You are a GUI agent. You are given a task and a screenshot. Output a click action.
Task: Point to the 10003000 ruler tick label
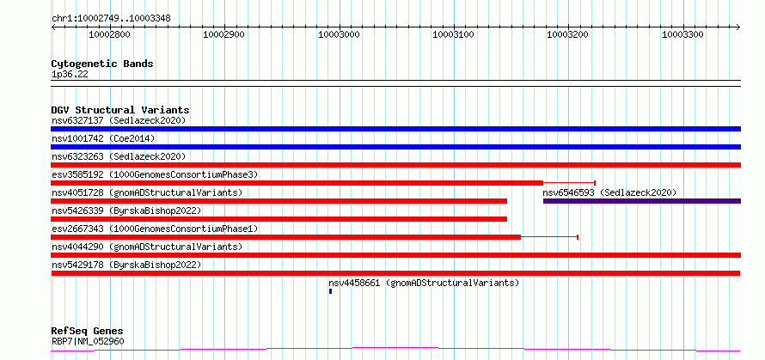[x=339, y=35]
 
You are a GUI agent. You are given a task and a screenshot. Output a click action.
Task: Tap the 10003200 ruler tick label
[x=568, y=35]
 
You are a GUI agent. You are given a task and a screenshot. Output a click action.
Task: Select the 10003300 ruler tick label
[x=683, y=35]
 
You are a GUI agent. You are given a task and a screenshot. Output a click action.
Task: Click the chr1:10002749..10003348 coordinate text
[x=111, y=19]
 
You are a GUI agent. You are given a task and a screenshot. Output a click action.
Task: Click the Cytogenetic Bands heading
[x=102, y=64]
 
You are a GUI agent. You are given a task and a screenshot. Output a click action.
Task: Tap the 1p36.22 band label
[x=70, y=75]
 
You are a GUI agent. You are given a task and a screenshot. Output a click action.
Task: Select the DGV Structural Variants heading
[x=120, y=110]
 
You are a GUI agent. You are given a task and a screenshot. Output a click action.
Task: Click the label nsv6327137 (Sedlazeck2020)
[x=119, y=120]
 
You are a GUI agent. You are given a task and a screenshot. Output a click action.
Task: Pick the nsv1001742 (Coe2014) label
[x=103, y=138]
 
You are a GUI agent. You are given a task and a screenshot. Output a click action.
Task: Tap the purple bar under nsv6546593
[x=642, y=201]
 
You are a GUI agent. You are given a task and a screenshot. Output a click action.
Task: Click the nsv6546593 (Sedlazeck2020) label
[x=610, y=192]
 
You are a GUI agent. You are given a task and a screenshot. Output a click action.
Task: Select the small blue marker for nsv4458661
[x=330, y=291]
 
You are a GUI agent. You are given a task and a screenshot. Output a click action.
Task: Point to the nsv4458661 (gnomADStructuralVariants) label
[x=424, y=283]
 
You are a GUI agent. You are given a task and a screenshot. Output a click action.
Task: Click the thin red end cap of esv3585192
[x=595, y=183]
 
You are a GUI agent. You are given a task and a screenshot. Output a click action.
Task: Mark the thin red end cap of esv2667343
[x=578, y=237]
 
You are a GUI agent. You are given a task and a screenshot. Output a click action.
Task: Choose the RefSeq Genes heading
[x=88, y=332]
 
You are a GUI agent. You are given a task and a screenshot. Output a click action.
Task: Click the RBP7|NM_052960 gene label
[x=88, y=341]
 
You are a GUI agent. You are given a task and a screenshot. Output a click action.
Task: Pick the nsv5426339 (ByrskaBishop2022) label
[x=126, y=211]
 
